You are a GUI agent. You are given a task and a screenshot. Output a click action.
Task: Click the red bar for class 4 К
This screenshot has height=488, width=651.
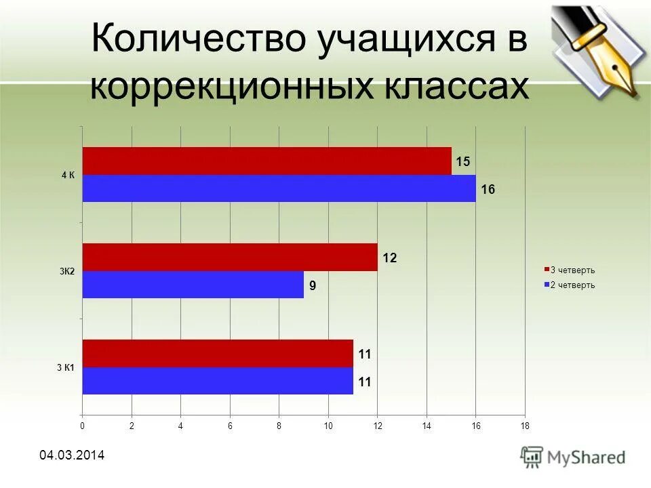[x=267, y=161]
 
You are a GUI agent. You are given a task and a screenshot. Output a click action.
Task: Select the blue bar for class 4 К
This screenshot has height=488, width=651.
[x=279, y=188]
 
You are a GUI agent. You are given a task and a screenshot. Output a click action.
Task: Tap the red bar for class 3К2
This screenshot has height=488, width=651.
[x=230, y=258]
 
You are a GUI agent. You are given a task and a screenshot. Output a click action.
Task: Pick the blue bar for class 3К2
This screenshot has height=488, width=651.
[x=193, y=285]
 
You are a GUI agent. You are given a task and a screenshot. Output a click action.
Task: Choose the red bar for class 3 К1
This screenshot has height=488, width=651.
[x=218, y=354]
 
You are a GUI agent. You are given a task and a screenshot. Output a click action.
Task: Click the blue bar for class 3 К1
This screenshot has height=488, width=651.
[x=218, y=381]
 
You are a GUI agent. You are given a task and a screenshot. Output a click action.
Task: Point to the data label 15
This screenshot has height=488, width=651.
[x=462, y=162]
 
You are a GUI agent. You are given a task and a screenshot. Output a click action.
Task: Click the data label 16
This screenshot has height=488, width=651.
[x=488, y=190]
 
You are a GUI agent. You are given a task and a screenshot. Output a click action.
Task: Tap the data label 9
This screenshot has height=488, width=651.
[x=313, y=286]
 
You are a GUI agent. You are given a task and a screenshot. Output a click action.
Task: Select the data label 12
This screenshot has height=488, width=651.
[x=389, y=258]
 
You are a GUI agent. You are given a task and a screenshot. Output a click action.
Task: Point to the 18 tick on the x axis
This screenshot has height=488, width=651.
[x=524, y=426]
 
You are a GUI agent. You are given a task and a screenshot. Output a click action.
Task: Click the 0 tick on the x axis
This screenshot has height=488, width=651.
[x=82, y=426]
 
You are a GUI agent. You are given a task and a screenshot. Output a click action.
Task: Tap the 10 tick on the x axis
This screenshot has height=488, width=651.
[x=328, y=426]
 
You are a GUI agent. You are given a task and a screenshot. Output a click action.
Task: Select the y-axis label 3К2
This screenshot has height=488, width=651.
[x=67, y=272]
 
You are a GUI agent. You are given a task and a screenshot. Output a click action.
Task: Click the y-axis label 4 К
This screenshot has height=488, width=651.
[x=68, y=175]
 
